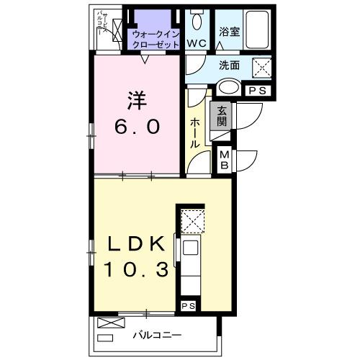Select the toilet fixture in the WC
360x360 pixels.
(x=197, y=20)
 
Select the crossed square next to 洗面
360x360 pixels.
(x=261, y=68)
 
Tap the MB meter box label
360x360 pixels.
(x=225, y=160)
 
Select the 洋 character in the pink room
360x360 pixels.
(x=133, y=99)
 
